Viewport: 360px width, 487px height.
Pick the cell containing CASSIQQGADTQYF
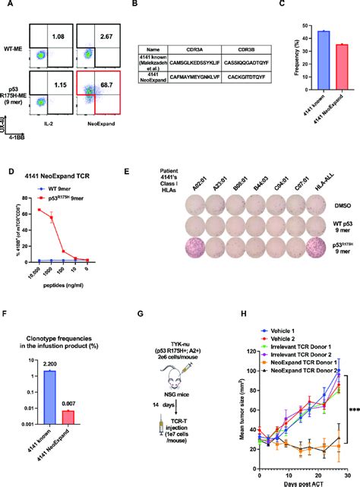(241, 78)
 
